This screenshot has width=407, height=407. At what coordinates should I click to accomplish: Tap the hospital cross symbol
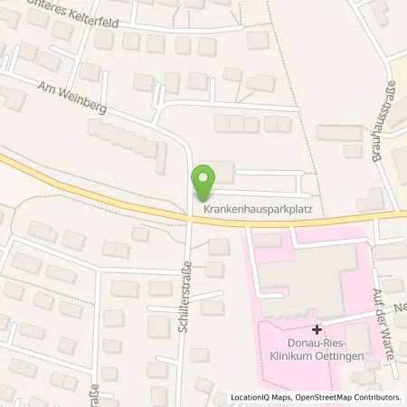316,330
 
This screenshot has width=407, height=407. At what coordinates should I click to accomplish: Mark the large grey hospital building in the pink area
321,270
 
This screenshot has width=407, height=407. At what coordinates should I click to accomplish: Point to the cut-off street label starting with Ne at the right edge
399,308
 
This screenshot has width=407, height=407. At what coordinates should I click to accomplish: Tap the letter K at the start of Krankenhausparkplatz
206,208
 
